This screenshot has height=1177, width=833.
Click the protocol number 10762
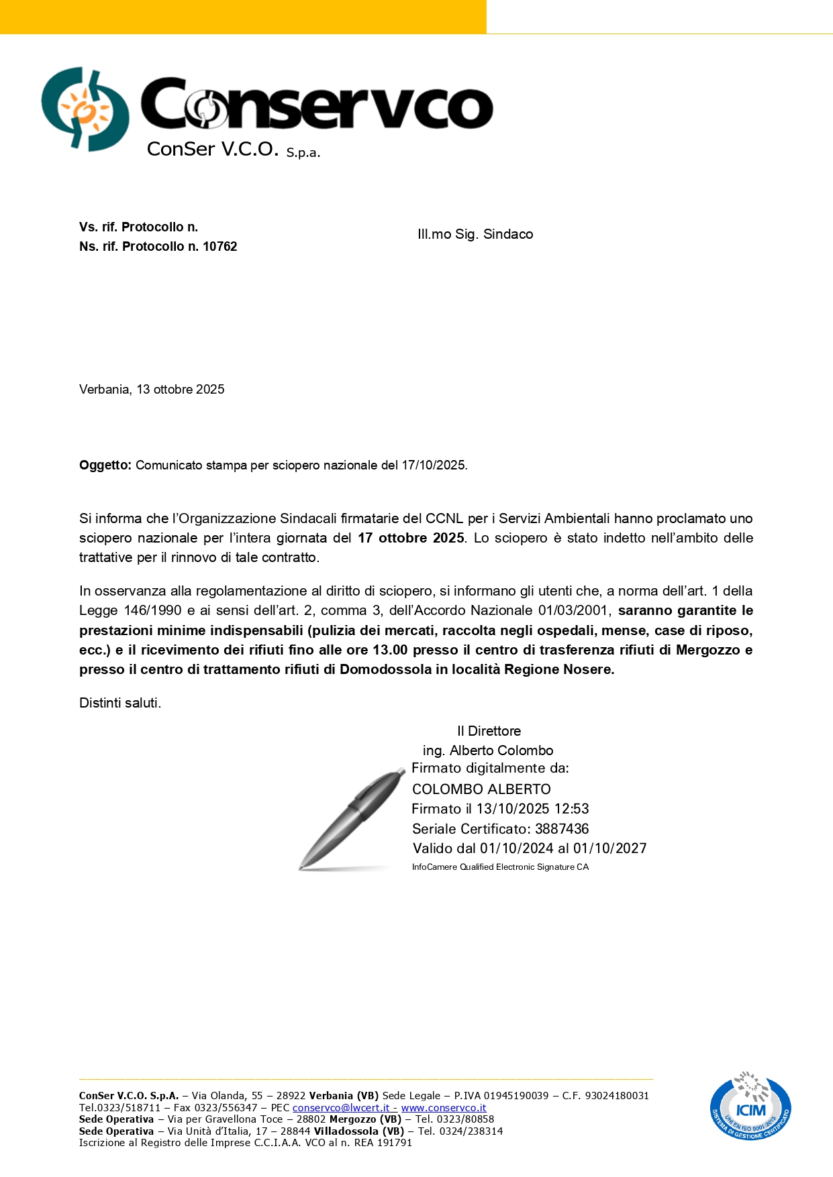[219, 247]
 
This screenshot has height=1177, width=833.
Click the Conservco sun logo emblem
[85, 109]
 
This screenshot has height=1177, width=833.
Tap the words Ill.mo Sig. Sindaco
[475, 234]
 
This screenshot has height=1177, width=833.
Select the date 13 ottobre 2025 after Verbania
[181, 390]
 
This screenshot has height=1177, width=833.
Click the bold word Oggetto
[105, 465]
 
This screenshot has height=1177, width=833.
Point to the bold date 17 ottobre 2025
[411, 538]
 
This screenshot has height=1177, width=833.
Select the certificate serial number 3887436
[562, 829]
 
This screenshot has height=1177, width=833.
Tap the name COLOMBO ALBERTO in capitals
[481, 789]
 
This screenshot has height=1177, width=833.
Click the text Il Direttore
[489, 731]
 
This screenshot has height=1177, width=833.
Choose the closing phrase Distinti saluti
[120, 703]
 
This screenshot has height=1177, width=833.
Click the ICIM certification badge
[750, 1107]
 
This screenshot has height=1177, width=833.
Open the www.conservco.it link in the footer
[444, 1108]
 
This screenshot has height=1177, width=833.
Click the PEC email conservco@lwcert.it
[341, 1108]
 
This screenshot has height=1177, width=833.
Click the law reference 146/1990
[153, 610]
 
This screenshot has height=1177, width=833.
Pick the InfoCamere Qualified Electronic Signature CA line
[500, 867]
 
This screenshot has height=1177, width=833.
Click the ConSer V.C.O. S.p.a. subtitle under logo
[234, 150]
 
